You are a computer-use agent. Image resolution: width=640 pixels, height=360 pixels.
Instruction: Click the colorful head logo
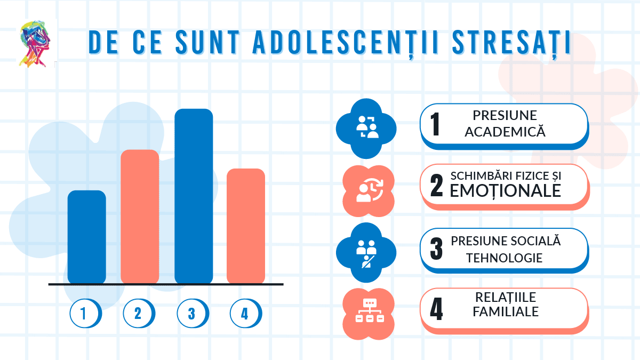[36, 44]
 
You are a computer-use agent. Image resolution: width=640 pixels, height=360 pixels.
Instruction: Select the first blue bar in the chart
[87, 237]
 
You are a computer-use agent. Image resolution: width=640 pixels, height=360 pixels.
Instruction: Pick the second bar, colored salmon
[140, 217]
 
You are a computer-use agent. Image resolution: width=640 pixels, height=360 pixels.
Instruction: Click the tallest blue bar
[194, 196]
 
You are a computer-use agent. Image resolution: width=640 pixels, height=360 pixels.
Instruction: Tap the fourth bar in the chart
[246, 226]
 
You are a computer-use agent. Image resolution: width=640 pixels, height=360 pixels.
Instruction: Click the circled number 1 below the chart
[85, 314]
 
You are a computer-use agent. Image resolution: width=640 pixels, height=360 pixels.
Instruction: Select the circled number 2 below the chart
[139, 314]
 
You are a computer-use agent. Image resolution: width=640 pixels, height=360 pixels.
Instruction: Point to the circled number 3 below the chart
[192, 314]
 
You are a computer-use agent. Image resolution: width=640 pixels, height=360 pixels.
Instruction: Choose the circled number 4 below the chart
[245, 314]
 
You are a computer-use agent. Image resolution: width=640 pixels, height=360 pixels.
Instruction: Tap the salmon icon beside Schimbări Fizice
[367, 190]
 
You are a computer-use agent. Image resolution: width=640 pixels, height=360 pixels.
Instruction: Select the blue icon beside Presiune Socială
[366, 252]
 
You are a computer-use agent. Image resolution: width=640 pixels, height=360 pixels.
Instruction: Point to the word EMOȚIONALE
[505, 191]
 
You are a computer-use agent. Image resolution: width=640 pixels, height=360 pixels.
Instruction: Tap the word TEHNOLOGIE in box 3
[504, 258]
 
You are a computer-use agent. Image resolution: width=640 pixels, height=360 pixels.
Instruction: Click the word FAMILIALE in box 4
[505, 311]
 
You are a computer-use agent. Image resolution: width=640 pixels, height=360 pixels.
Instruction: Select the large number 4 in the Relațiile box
[436, 310]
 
